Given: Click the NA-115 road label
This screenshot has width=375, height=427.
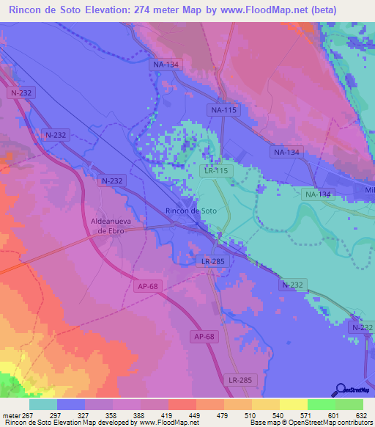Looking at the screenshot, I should point(225,109).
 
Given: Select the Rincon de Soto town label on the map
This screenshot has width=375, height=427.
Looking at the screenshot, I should point(190,211).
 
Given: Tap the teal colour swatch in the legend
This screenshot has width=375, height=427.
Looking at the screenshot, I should point(43,404).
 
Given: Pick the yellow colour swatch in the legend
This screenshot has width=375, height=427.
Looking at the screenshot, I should point(294,404).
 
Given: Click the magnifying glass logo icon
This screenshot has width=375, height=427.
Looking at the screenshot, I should point(340,390).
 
